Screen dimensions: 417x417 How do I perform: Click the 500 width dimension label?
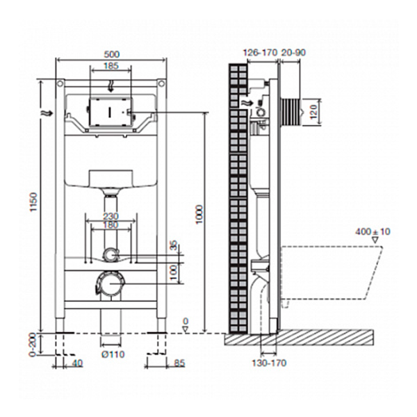[x=111, y=54]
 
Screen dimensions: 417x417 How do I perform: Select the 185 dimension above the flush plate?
[x=111, y=66]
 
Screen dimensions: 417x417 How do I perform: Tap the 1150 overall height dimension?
[x=33, y=202]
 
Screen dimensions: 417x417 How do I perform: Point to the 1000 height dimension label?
[x=199, y=214]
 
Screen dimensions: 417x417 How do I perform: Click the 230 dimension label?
[x=111, y=216]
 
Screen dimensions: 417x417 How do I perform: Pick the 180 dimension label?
[x=111, y=225]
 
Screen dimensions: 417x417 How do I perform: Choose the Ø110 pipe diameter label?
[x=113, y=354]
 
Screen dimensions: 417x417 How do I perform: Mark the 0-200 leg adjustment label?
[x=33, y=345]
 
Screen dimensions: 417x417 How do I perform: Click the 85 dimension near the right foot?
[x=179, y=363]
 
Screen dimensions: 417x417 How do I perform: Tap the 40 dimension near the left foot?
[x=77, y=363]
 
